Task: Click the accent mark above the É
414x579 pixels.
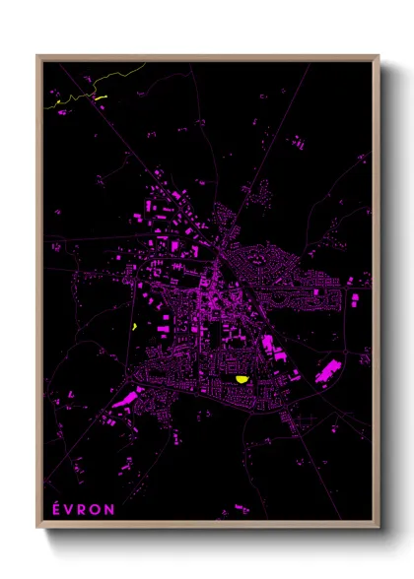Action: [53, 502]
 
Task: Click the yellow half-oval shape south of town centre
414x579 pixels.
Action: [241, 378]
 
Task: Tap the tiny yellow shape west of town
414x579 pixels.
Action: [133, 327]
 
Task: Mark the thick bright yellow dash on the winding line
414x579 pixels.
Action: [99, 96]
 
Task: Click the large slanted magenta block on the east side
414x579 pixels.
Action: [327, 371]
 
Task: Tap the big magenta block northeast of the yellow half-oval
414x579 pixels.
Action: [267, 345]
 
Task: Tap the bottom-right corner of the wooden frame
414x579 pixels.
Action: [378, 526]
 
